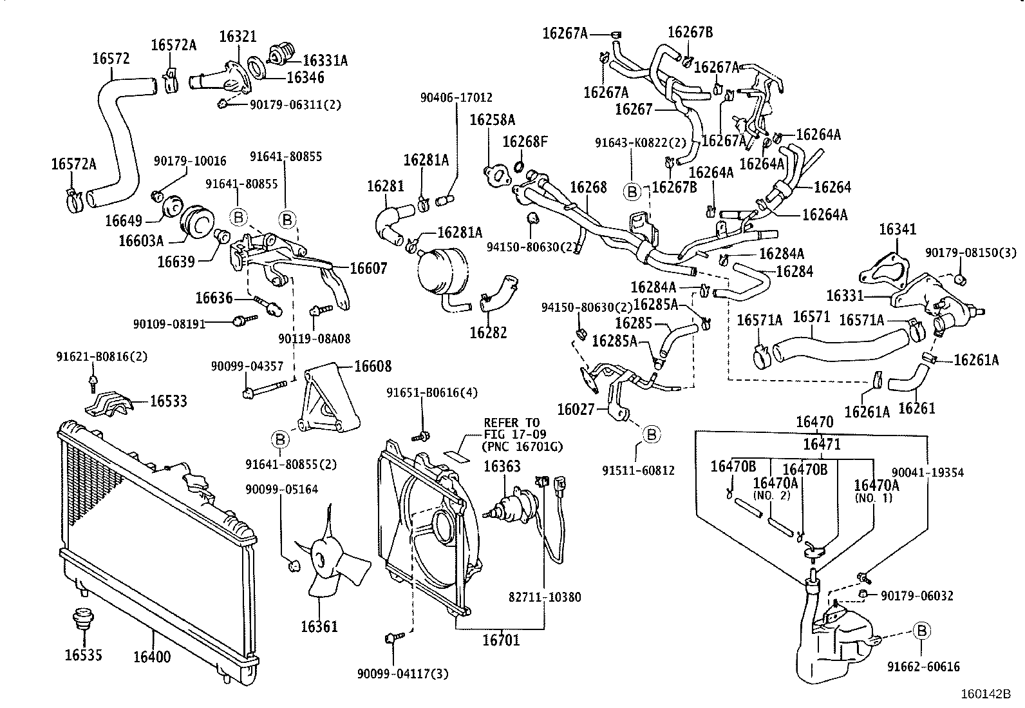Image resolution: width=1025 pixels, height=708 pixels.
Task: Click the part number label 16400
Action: click(153, 656)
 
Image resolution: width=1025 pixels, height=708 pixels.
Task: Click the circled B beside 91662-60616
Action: click(921, 631)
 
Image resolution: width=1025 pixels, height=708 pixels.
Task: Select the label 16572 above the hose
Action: click(111, 59)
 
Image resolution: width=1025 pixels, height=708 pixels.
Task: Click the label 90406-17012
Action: click(456, 98)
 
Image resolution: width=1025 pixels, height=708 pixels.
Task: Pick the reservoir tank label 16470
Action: click(814, 422)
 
